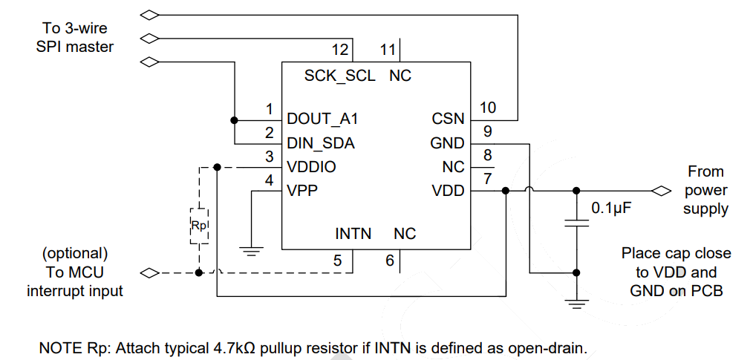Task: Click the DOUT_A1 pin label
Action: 317,119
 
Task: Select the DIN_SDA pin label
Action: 320,143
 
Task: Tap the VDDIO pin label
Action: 311,167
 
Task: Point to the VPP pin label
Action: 302,191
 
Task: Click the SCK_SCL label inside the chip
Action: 340,76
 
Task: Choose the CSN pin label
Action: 448,119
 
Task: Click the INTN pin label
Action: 353,234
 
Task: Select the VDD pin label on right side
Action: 448,191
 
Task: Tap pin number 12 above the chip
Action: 340,50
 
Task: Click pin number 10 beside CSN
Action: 488,108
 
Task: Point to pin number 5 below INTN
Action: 338,261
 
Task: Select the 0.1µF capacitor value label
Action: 611,209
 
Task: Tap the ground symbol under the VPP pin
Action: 253,252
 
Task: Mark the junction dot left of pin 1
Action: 234,120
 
